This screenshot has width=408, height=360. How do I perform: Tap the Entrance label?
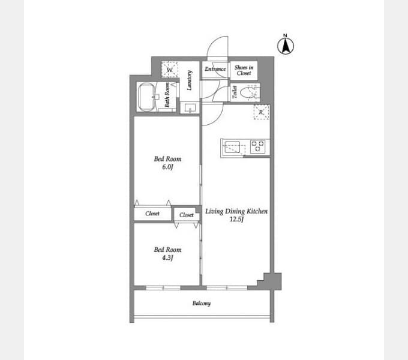coord(215,69)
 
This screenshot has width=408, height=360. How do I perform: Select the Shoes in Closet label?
coord(244,70)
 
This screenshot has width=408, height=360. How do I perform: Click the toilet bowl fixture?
coord(247,92)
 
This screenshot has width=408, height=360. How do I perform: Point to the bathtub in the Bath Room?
coord(146,97)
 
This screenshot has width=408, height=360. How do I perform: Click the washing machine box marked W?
coord(170,70)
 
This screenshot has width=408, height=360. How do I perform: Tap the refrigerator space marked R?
coord(261,112)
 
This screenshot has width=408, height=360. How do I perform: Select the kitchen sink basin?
coord(232,147)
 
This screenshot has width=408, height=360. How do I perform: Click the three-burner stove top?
coord(257,146)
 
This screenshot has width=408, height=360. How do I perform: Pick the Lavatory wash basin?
coord(190,107)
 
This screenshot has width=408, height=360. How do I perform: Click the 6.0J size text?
coord(167,167)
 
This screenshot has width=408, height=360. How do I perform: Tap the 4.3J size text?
coord(167,258)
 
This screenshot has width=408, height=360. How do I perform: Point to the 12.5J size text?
coord(236,219)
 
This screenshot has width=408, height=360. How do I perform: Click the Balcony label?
coord(202,303)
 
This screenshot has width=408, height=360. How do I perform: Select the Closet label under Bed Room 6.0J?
coord(152,214)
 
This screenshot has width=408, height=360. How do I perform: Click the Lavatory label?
coord(190,80)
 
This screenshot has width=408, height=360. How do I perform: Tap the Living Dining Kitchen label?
coord(236,211)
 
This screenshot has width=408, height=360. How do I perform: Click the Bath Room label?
coord(167,95)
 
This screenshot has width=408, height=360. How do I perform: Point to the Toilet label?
coord(235,92)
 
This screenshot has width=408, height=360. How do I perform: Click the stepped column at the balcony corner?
coord(271,282)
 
